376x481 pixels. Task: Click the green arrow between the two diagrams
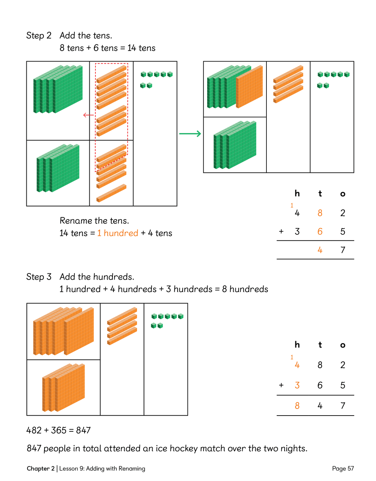click(190, 134)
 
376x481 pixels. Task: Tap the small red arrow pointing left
click(88, 115)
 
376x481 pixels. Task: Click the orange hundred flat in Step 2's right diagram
click(249, 87)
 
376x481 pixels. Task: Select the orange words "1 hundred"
click(117, 233)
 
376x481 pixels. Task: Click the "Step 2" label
click(39, 36)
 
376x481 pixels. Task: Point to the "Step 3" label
click(39, 277)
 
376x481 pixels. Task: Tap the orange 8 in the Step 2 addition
click(320, 213)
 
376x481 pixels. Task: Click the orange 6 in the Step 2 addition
click(320, 231)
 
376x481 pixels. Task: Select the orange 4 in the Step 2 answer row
click(320, 250)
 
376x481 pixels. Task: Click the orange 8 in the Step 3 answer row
click(297, 406)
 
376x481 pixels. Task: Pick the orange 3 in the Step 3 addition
click(297, 385)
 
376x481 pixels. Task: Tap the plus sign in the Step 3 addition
click(281, 385)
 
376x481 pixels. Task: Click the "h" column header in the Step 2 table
click(297, 193)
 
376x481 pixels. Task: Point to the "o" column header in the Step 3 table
click(343, 345)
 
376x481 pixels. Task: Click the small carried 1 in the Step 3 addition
click(292, 357)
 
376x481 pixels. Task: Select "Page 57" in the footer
click(343, 469)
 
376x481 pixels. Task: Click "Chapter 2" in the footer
click(40, 469)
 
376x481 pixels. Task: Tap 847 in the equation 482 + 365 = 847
click(83, 430)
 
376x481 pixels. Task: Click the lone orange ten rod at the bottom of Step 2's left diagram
click(111, 193)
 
